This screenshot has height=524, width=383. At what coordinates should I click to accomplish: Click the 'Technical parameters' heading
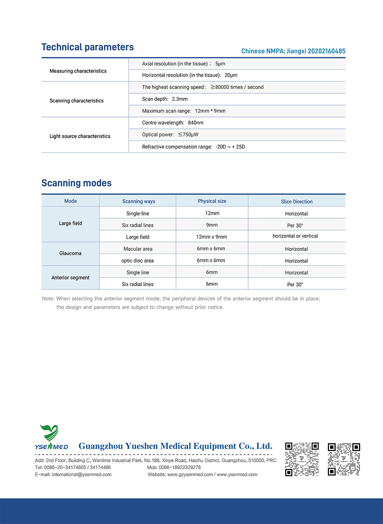click(88, 47)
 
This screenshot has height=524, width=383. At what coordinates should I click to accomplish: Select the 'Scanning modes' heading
click(77, 183)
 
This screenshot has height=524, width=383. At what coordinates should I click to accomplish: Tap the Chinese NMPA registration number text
click(293, 51)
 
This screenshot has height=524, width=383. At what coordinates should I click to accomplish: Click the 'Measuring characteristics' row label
click(78, 71)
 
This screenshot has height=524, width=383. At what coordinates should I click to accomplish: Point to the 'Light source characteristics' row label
click(80, 136)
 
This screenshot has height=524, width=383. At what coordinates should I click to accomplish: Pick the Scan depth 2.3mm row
click(165, 99)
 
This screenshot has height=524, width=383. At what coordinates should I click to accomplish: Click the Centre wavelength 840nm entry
click(173, 123)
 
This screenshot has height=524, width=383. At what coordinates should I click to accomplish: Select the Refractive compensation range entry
click(193, 147)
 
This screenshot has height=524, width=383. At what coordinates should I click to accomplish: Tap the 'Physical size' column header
click(212, 201)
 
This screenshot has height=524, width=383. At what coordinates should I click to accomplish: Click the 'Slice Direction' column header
click(297, 201)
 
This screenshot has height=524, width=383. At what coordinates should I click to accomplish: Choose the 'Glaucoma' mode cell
click(70, 253)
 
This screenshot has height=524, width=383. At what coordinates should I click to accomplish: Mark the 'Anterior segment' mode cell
click(70, 277)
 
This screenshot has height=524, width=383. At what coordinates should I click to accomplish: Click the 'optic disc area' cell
click(137, 260)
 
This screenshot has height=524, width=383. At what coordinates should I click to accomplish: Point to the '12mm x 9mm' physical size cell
click(211, 237)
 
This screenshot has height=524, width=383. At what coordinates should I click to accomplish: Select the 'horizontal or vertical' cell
click(295, 236)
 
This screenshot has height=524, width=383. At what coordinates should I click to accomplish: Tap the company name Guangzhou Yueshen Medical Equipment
click(175, 446)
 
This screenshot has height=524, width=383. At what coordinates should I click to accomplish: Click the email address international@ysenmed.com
click(82, 475)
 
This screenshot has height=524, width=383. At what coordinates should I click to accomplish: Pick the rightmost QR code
click(344, 459)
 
